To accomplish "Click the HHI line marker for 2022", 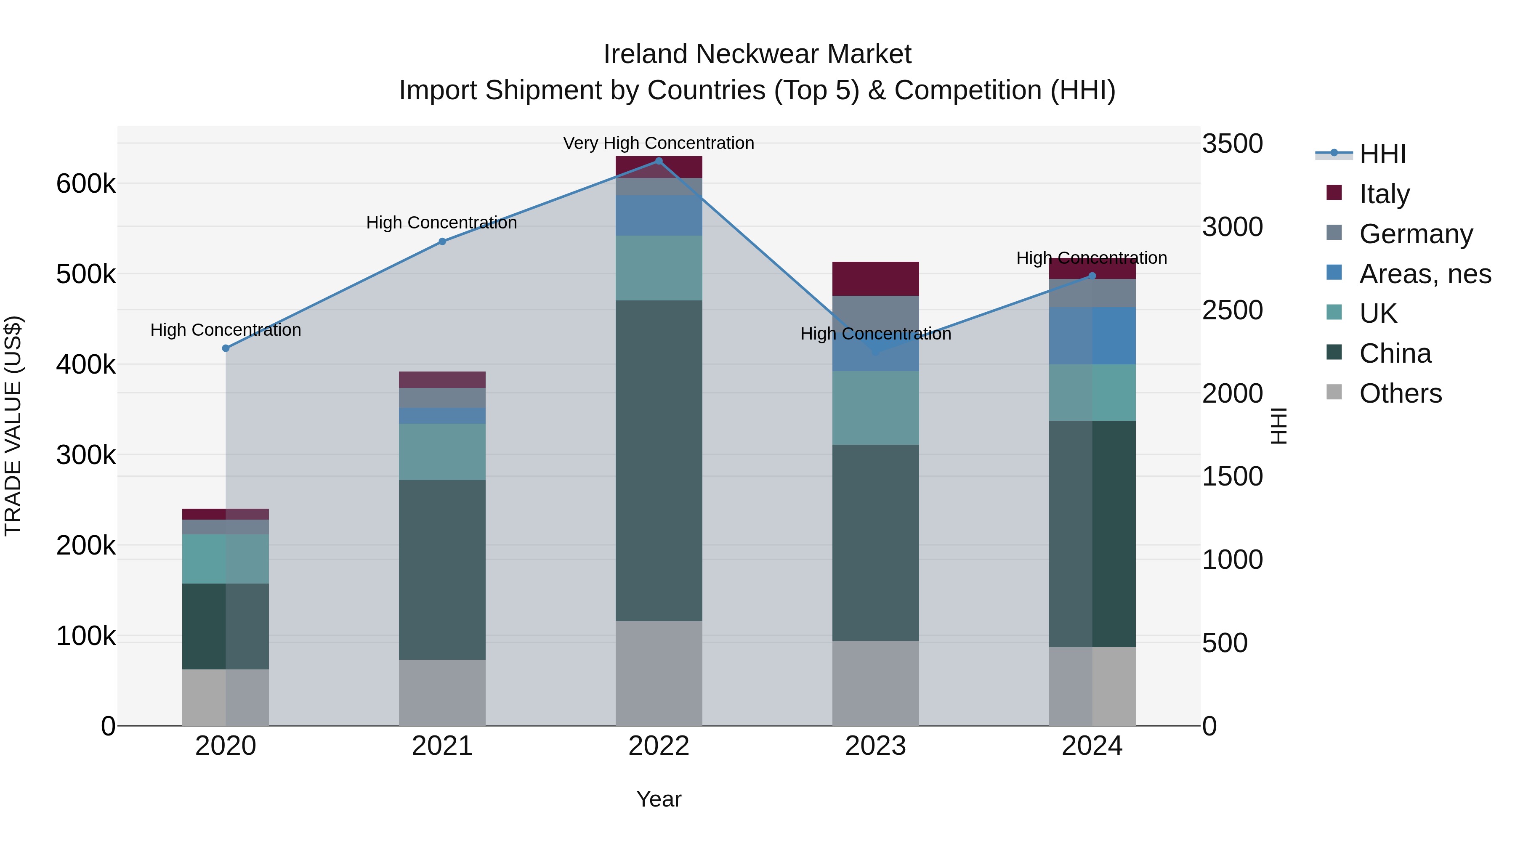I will (659, 161).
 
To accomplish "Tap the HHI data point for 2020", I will (226, 348).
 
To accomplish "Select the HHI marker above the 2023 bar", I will (876, 352).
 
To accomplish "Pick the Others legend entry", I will (1400, 393).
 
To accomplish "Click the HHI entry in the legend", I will (1382, 154).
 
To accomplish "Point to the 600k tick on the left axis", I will (86, 184).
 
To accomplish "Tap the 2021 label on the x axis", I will (442, 746).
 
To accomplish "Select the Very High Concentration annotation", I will (659, 143).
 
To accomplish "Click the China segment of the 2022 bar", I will (659, 460).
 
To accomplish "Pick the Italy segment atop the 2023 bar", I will (876, 279).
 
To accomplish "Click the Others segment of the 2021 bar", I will (442, 693).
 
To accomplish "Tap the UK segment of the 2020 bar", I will (226, 559).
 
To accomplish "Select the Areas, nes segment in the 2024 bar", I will (1092, 336).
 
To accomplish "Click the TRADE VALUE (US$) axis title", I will (13, 426).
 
